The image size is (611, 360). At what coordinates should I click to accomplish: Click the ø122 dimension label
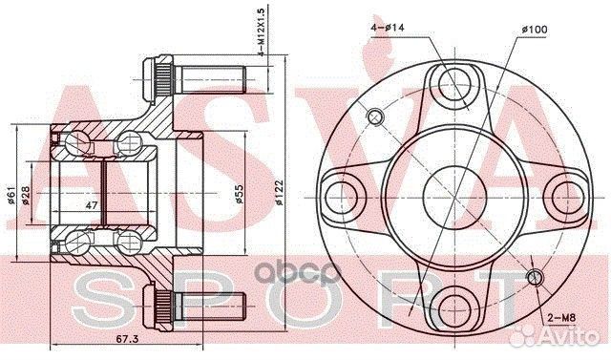click(278, 193)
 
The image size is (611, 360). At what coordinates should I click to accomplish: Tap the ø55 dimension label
click(239, 194)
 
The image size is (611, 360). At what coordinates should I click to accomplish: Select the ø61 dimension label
click(11, 195)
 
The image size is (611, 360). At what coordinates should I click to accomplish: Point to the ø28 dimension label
click(26, 195)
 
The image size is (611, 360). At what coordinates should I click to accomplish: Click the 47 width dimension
click(92, 205)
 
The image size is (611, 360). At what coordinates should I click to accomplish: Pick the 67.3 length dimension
click(127, 339)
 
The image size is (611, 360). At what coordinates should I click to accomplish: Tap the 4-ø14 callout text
click(388, 28)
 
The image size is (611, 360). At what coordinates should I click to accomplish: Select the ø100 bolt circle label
click(535, 30)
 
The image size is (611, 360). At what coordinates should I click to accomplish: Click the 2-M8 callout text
click(561, 318)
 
